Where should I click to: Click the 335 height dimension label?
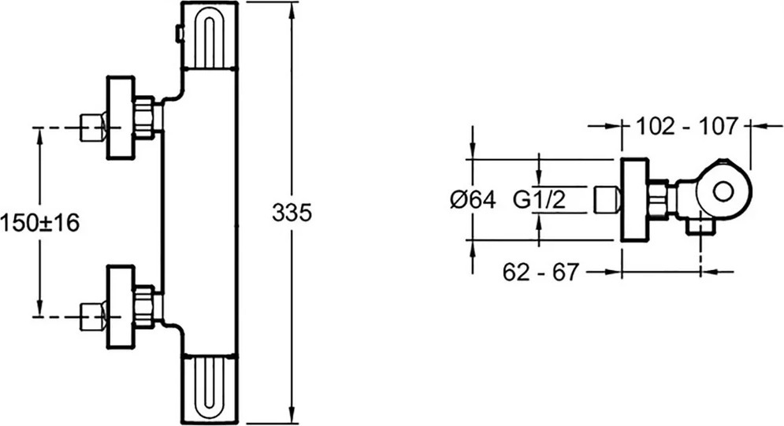pos(292,213)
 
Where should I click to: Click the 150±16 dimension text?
pos(40,223)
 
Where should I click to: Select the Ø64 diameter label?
pos(473,200)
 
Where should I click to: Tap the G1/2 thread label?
pos(540,200)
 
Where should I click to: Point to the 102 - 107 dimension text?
pos(686,126)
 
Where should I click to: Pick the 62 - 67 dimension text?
pos(541,272)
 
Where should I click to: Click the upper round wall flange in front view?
pos(121,118)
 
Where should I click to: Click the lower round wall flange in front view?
pos(121,306)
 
